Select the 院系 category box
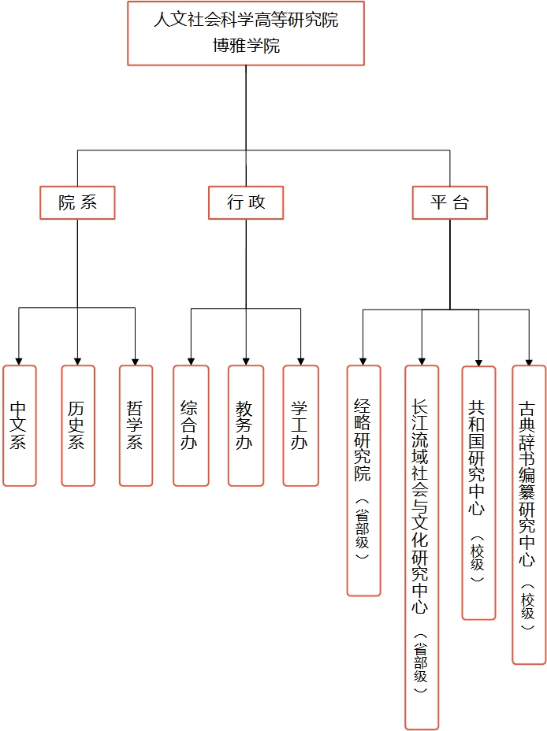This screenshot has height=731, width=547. [77, 202]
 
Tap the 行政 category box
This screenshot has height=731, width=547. [246, 202]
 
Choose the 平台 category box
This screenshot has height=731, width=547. [449, 202]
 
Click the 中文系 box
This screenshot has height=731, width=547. [19, 425]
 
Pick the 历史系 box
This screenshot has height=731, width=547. [77, 425]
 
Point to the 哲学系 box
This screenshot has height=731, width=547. [136, 425]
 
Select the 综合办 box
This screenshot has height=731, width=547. [191, 425]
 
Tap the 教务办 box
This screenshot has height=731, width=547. [245, 425]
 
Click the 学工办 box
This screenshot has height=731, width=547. [300, 425]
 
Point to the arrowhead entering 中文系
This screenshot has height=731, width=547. [19, 360]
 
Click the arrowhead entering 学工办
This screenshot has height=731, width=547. [300, 360]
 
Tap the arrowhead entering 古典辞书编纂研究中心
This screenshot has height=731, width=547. [528, 360]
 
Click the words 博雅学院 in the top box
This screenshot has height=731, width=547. [245, 46]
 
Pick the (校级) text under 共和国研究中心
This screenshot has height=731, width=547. [478, 559]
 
